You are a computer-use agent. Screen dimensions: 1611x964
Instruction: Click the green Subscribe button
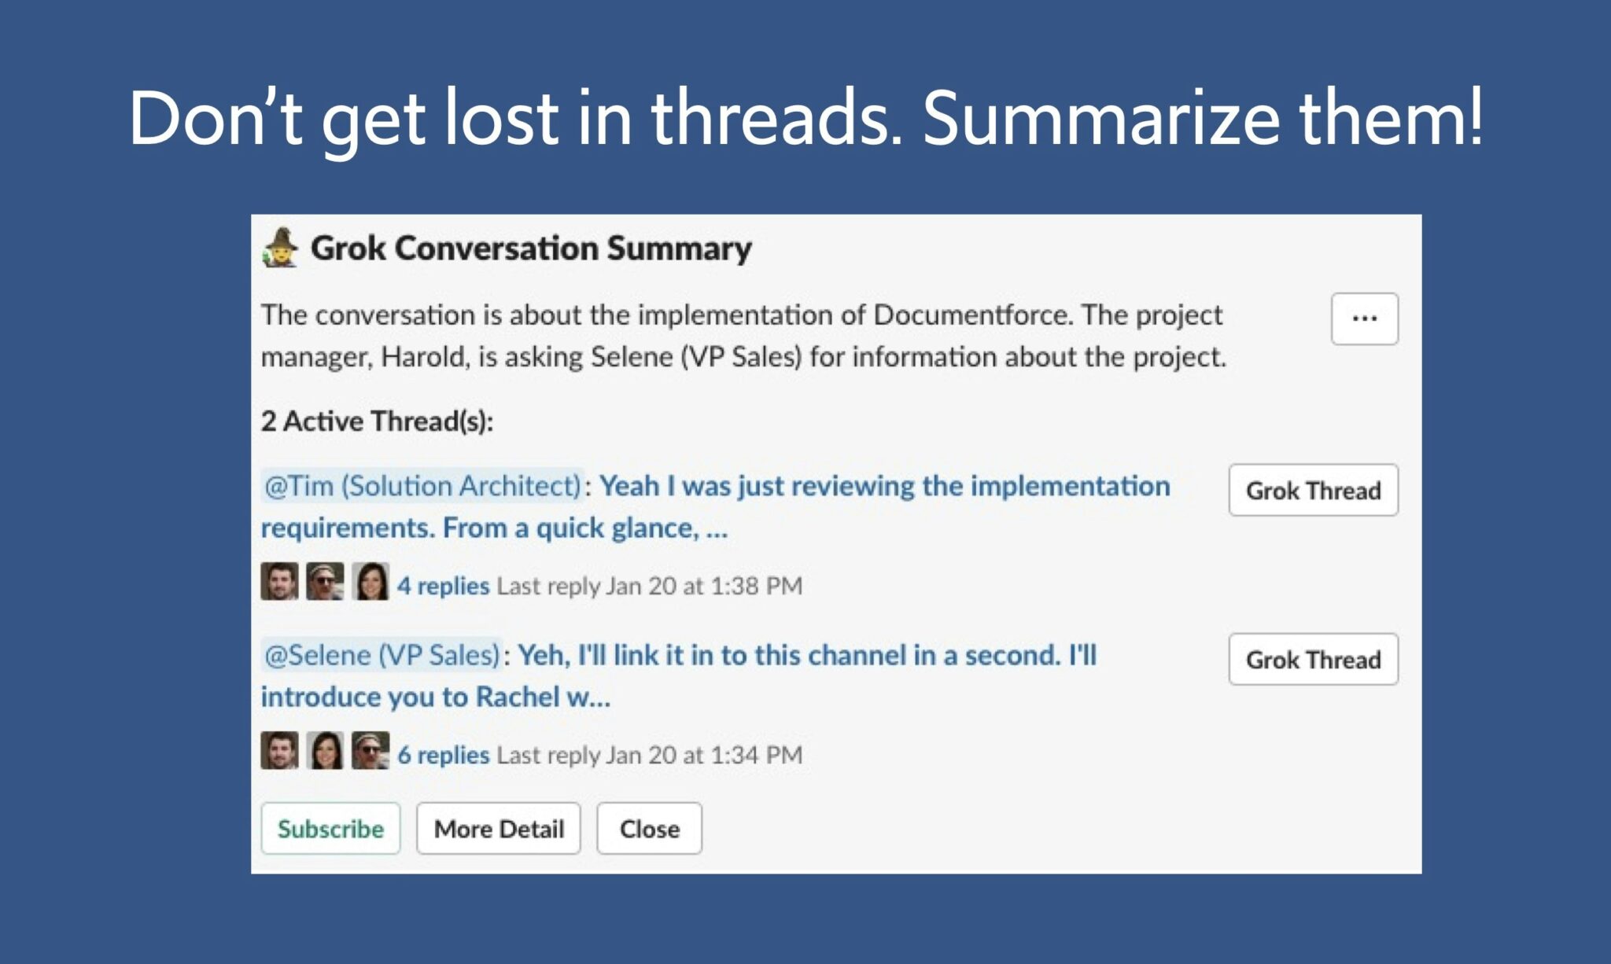coord(330,828)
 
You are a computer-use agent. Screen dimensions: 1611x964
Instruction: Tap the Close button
coord(649,828)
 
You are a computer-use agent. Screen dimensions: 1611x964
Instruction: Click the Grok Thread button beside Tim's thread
coord(1313,490)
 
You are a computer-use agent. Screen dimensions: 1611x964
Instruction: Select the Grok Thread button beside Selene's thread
coord(1313,659)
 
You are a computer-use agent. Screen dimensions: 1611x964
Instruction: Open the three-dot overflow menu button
coord(1365,318)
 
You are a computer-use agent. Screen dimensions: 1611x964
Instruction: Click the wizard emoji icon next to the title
coord(281,248)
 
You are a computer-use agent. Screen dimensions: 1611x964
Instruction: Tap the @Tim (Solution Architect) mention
coord(422,486)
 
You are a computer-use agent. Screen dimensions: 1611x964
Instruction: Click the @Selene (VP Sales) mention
coord(382,655)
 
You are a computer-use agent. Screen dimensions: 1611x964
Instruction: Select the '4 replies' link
coord(443,586)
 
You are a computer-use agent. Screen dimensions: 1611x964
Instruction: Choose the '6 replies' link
coord(443,755)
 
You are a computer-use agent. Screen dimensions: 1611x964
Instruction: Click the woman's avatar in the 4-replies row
coord(370,582)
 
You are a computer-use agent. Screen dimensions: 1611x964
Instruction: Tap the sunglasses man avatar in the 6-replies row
coord(370,751)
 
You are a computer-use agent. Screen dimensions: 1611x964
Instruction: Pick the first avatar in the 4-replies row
coord(279,582)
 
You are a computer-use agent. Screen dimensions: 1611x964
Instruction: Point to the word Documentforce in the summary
coord(972,315)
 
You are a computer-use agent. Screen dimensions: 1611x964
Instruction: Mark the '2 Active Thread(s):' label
coord(377,421)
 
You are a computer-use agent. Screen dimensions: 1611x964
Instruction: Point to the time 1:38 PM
coord(756,586)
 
